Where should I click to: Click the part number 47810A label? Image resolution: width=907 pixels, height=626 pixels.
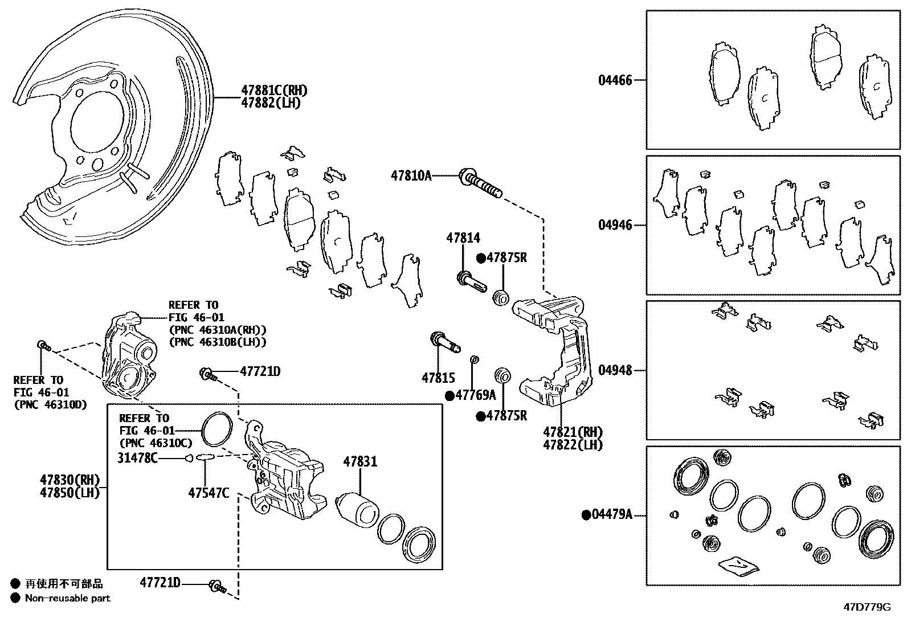(411, 175)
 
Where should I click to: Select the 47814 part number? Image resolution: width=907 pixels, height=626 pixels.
(463, 238)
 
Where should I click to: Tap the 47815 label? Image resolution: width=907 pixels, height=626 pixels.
(438, 378)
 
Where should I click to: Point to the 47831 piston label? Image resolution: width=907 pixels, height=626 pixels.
(360, 462)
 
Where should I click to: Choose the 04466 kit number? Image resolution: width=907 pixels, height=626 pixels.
(615, 80)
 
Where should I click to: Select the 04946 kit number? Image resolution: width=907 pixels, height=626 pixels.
(615, 225)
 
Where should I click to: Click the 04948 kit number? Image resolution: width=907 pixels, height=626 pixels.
(615, 370)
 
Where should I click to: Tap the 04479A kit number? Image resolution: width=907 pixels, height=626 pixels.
(612, 515)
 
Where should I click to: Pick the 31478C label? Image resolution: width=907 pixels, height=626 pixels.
(137, 457)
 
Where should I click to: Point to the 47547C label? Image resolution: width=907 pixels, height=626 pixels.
(209, 493)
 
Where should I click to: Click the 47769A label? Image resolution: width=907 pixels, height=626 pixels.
(475, 395)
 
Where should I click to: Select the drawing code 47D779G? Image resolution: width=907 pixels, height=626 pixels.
(867, 607)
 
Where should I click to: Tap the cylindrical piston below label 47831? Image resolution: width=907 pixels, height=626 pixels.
(357, 508)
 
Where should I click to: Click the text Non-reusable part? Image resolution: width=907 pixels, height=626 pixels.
(67, 598)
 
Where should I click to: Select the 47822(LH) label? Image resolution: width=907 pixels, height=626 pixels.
(573, 444)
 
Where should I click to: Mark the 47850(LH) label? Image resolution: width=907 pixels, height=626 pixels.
(70, 493)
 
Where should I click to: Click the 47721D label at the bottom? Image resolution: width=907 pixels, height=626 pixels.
(160, 583)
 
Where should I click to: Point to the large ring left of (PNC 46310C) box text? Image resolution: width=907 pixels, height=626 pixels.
(217, 428)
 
